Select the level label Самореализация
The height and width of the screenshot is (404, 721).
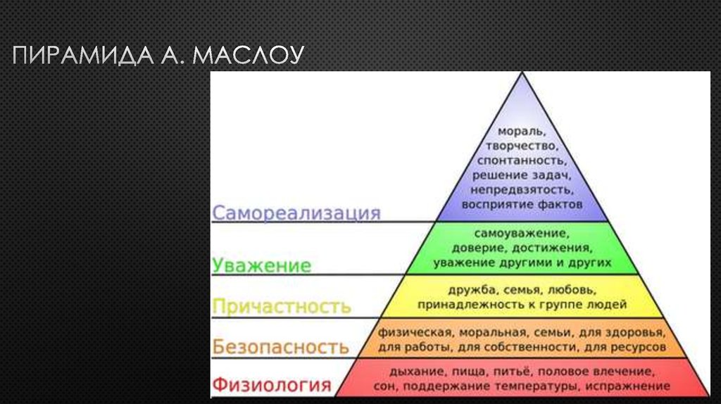click(296, 213)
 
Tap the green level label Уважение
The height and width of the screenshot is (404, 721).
click(261, 265)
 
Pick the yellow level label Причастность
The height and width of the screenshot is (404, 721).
click(281, 307)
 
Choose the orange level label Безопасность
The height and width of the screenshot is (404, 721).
click(280, 347)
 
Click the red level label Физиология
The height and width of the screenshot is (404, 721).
click(271, 385)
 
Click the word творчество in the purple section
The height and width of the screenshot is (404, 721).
click(522, 146)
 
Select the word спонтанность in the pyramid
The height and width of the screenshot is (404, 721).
click(522, 160)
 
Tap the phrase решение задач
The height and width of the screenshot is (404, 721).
click(522, 175)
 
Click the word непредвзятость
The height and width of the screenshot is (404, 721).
click(522, 189)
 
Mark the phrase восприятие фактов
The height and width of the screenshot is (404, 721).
click(522, 204)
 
